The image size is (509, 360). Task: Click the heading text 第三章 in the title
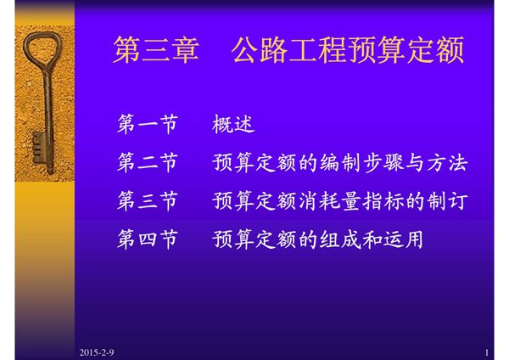point(155,52)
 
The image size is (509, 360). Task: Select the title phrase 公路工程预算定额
point(348,52)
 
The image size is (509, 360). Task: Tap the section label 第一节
point(147,126)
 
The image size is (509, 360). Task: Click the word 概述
point(233,126)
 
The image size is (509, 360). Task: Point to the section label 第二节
point(147,164)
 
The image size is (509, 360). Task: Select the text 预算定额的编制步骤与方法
point(340,164)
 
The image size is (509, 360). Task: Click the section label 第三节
point(147,202)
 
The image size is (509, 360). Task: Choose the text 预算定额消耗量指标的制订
point(340,202)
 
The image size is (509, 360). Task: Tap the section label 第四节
point(147,240)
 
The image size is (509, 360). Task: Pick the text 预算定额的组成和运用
point(318,240)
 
